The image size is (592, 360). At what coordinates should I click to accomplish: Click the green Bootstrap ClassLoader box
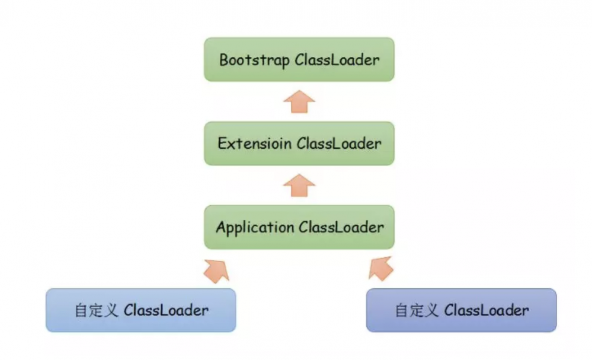[299, 59]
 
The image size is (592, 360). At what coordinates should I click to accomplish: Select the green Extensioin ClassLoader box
[299, 144]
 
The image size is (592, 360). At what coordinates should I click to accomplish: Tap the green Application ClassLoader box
[299, 227]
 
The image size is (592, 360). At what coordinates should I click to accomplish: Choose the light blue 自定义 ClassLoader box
[141, 310]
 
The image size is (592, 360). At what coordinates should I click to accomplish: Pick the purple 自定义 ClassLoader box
[462, 310]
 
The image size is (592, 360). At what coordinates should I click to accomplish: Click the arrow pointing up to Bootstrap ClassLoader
[299, 102]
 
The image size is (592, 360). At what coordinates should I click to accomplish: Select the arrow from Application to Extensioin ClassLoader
[299, 186]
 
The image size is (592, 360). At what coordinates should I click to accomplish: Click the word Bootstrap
[254, 60]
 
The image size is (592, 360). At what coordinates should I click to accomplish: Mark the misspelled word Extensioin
[255, 144]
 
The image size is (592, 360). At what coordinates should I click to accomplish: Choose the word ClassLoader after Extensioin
[339, 144]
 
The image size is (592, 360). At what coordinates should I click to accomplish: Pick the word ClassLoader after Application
[341, 227]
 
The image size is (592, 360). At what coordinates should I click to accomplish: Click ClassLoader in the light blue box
[166, 310]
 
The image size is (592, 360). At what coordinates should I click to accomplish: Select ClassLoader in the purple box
[487, 310]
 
